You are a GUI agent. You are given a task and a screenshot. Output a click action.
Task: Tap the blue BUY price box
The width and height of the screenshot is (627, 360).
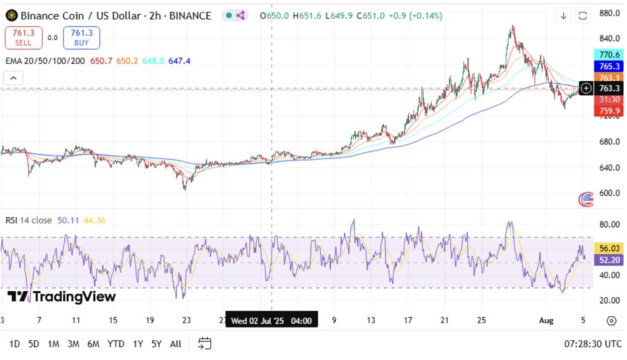(x=81, y=37)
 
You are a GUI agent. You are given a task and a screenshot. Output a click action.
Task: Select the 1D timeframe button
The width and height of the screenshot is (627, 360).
(x=15, y=344)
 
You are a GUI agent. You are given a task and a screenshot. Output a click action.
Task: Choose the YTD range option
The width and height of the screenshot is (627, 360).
(x=115, y=344)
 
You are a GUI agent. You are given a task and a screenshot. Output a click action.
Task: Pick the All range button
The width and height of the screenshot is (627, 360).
(x=175, y=344)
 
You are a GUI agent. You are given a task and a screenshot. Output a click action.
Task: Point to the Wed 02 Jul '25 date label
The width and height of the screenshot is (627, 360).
(x=271, y=320)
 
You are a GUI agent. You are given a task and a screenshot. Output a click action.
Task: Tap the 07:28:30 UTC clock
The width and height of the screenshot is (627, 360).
(x=591, y=344)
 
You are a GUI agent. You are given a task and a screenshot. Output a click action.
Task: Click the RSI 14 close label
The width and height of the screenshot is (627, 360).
(x=29, y=220)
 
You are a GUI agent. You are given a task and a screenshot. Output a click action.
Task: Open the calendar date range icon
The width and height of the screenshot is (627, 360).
(x=205, y=343)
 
